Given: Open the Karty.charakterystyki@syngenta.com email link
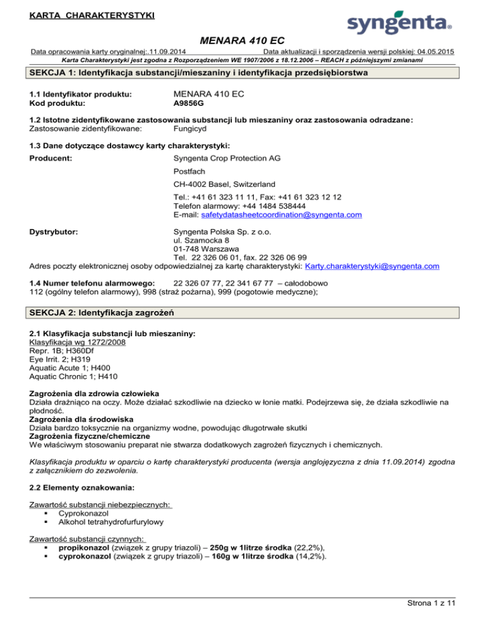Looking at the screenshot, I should click(x=371, y=266).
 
